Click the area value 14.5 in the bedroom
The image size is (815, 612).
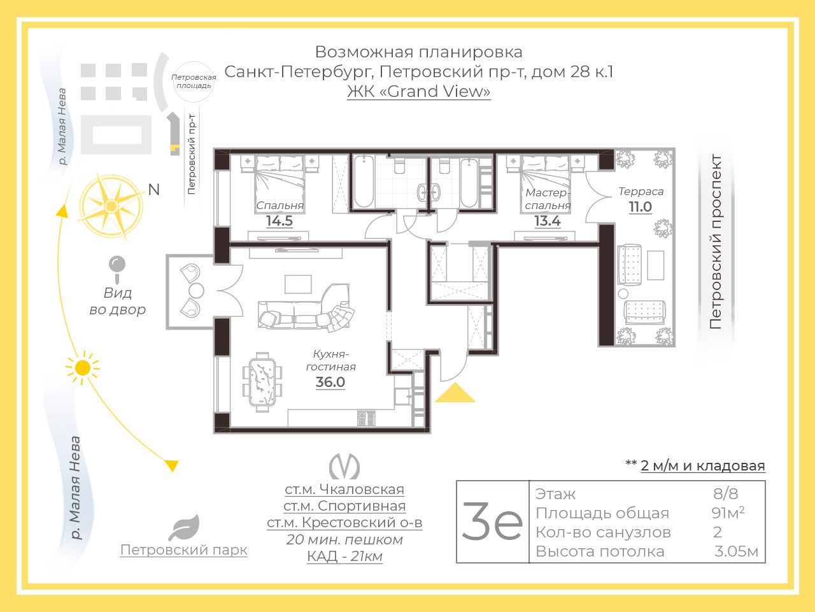pos(280,221)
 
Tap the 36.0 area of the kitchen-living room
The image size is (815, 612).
pos(330,382)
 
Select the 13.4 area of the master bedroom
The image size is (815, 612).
pos(548,221)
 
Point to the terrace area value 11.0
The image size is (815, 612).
pos(640,207)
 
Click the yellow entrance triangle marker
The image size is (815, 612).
pos(455,395)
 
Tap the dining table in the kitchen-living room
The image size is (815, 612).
pos(262,382)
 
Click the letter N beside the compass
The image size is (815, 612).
pos(153,190)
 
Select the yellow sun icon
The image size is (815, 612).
pos(82,368)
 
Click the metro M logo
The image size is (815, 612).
pos(344,466)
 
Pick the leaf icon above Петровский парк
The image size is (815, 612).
pos(184,528)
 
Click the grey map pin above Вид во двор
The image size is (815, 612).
pos(117,269)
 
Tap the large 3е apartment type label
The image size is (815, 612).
pos(492,521)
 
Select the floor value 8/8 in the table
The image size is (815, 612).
pos(725,494)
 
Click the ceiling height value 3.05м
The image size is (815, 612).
pos(736,551)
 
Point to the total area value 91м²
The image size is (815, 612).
pos(728,513)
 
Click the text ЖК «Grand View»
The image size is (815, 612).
pos(418,91)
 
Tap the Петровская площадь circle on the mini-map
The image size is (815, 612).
pos(194,82)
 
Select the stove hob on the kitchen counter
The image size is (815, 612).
pos(366,418)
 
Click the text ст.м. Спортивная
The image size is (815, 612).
pos(344,506)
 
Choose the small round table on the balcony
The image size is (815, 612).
pos(196,291)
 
